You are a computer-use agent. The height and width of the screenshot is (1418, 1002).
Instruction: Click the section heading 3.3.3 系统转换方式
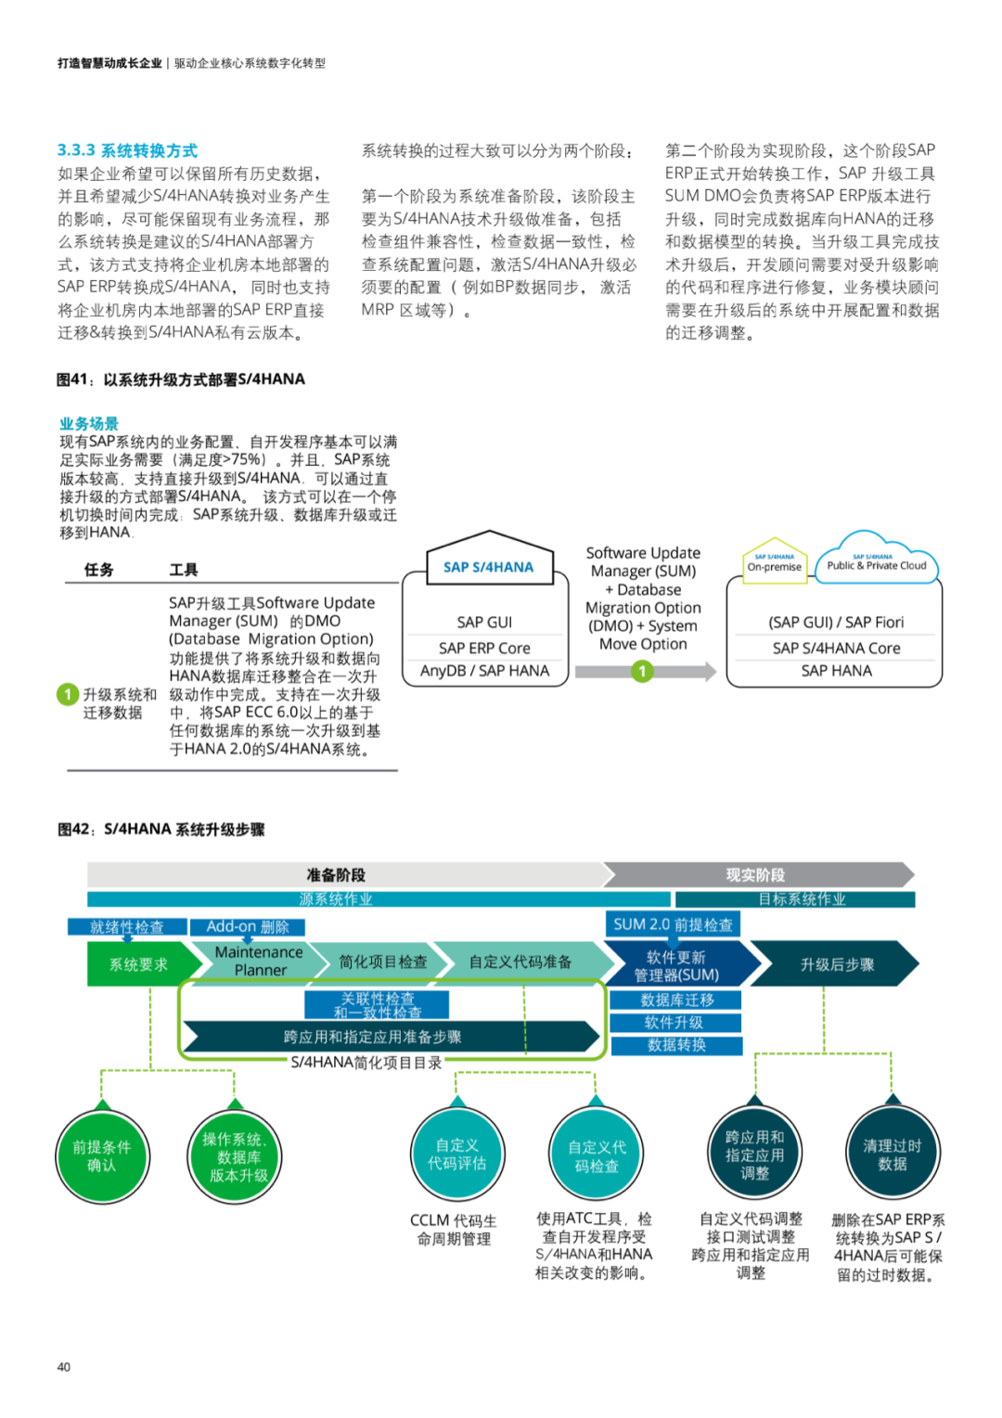coord(127,150)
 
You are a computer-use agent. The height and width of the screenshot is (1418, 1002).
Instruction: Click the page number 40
coord(64,1366)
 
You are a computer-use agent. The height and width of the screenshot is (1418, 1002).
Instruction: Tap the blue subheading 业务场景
coord(89,423)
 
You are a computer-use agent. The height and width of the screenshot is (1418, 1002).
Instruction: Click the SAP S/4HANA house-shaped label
coord(488,566)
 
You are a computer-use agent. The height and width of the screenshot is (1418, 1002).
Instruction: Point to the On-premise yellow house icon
coord(775,562)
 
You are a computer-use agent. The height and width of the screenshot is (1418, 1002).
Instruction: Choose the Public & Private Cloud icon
coord(876,561)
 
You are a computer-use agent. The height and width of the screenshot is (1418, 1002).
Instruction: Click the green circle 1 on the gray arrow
coord(642,671)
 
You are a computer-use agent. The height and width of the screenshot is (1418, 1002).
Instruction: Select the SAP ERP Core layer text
coord(484,648)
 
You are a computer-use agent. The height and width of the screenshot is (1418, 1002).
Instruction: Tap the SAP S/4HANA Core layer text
coord(836,648)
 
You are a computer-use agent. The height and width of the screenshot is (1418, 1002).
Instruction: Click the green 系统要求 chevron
coord(139,964)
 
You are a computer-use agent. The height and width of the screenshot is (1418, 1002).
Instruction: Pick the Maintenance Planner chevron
coord(259,961)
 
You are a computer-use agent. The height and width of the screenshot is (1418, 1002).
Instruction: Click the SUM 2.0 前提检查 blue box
coord(673,924)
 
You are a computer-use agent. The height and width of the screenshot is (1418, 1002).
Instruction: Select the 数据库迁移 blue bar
coord(676,999)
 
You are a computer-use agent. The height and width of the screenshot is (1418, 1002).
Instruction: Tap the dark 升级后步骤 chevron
coord(836,964)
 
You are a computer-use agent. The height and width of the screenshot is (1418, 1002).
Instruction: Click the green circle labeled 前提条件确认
coord(102,1155)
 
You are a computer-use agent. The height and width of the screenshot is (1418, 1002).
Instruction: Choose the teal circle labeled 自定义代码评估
coord(457,1154)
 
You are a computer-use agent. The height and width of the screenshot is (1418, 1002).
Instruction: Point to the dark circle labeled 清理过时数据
coord(892,1154)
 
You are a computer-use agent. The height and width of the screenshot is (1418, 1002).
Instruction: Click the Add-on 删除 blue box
coord(248,926)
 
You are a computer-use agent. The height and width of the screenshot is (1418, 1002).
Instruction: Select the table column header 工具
coord(183,569)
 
